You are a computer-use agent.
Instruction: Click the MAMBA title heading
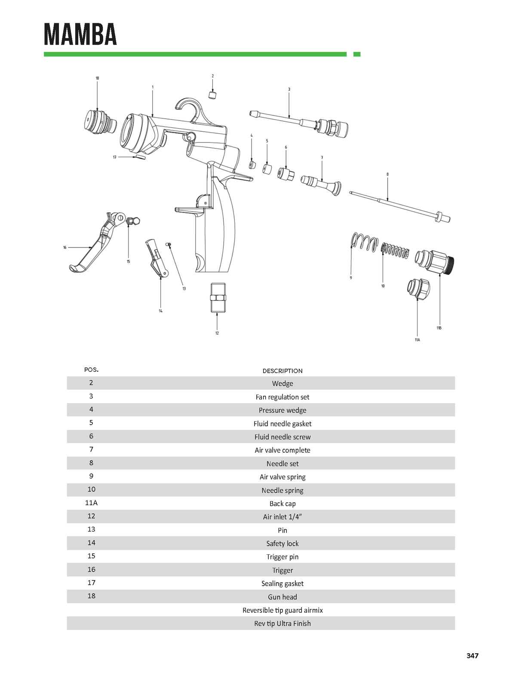tap(80, 34)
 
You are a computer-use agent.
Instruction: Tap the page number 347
tap(472, 655)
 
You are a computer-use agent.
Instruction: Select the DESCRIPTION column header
tap(282, 370)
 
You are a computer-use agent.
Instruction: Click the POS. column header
tap(91, 370)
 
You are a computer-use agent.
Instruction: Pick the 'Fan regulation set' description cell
tap(282, 397)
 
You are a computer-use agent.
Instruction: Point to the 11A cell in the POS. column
tap(91, 503)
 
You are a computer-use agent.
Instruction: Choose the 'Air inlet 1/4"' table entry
tap(282, 516)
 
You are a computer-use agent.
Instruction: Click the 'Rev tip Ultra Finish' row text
tap(282, 623)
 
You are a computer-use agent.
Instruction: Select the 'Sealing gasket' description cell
tap(282, 583)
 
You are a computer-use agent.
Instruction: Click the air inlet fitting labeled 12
tap(218, 297)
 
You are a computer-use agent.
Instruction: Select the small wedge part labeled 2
tap(212, 95)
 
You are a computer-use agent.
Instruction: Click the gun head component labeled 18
tap(100, 121)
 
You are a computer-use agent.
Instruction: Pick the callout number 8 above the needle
tap(387, 174)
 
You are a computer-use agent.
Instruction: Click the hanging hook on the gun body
tap(187, 108)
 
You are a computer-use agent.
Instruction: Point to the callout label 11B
tap(439, 328)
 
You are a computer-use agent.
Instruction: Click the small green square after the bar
tap(356, 54)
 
